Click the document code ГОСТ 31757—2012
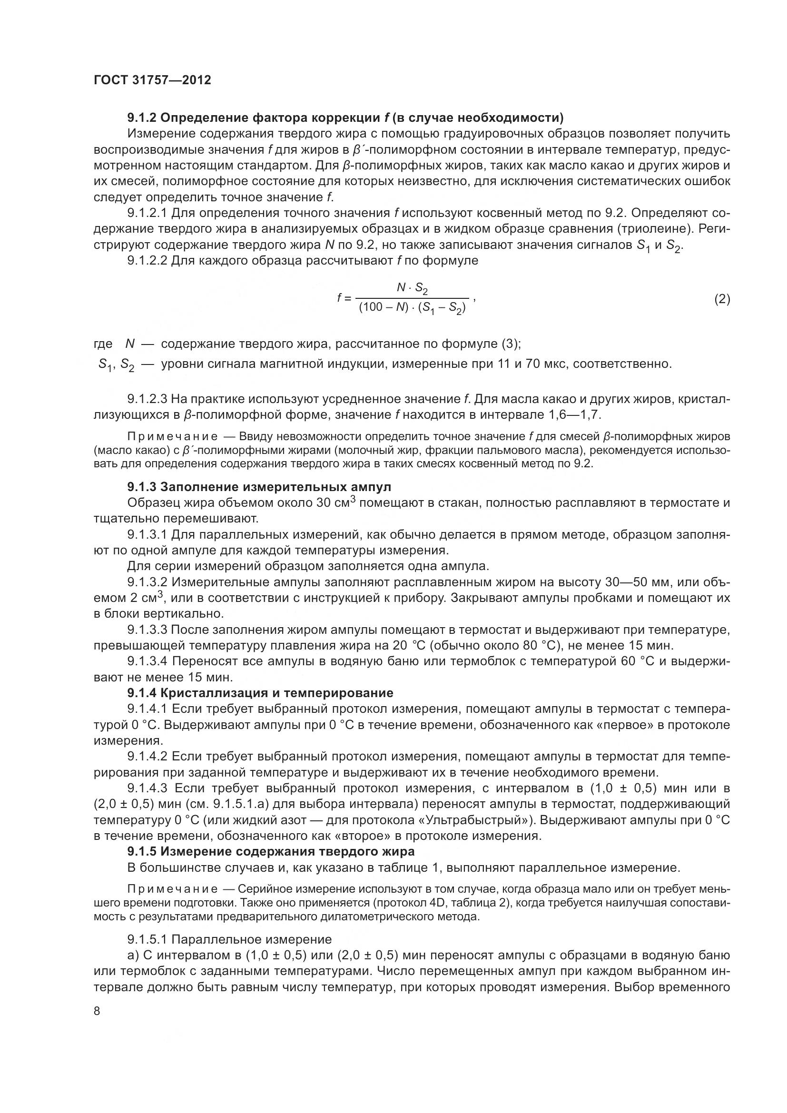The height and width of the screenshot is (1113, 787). (152, 80)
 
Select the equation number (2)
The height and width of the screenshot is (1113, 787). (722, 299)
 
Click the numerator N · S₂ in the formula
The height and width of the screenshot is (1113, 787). (412, 288)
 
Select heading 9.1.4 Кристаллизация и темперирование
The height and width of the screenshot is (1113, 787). (260, 693)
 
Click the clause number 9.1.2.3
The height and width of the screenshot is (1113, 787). (148, 399)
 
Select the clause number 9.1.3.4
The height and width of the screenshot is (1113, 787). (148, 661)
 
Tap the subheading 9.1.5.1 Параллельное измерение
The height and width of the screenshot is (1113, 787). (230, 939)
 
